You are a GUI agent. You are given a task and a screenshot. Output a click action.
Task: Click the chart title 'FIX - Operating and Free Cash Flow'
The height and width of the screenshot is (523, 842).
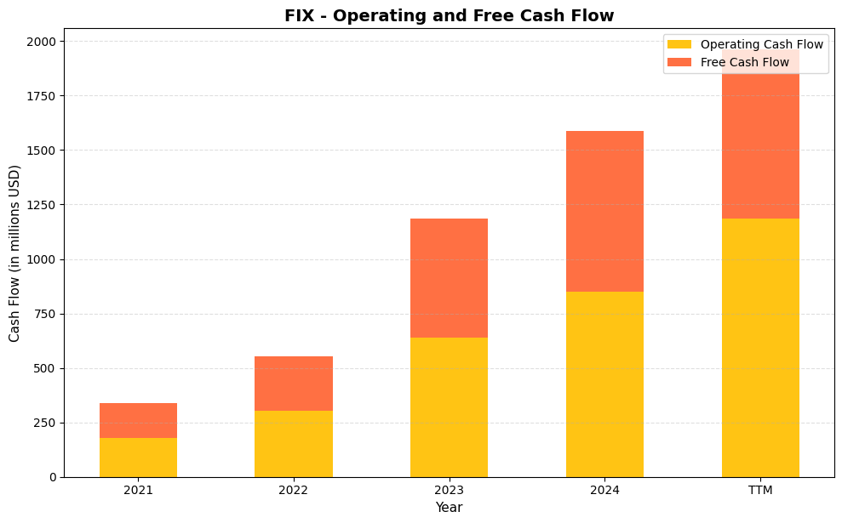(449, 15)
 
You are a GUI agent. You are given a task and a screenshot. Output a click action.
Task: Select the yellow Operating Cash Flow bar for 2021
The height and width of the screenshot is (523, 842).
(138, 458)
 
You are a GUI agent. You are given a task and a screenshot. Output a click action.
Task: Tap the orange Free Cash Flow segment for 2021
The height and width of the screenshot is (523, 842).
(138, 420)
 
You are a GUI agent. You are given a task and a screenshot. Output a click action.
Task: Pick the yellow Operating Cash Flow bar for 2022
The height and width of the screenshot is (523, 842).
(294, 444)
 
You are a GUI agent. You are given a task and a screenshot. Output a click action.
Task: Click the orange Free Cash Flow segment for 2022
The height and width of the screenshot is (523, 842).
(294, 384)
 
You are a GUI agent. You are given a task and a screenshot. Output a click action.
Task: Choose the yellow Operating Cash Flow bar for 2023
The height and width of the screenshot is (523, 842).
(449, 407)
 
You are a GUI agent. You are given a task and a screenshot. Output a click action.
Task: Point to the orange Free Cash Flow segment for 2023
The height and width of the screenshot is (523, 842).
(449, 278)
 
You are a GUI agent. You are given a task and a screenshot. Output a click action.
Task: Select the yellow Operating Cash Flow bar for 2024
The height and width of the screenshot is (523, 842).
(604, 384)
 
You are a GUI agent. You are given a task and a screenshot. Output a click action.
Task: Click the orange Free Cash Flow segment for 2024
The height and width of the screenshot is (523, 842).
(604, 211)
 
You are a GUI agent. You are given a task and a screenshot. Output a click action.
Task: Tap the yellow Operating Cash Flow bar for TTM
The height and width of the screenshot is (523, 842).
(760, 348)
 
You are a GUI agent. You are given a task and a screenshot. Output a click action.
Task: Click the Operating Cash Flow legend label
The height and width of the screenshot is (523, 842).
(761, 44)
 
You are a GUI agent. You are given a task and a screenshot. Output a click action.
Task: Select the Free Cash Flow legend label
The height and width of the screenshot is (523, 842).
(744, 62)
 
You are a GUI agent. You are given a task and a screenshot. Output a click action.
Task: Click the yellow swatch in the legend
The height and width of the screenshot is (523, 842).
(679, 44)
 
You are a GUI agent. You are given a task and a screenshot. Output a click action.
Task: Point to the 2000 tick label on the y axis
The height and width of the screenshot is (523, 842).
(42, 42)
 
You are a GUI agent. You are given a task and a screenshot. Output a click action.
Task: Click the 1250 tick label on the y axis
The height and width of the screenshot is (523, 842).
(42, 205)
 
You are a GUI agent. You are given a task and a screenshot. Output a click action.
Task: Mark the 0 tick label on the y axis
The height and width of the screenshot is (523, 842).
(53, 477)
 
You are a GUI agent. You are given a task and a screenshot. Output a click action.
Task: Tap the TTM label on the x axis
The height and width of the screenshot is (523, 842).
(760, 491)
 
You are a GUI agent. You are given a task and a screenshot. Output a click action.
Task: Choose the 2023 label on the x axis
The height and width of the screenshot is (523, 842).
(449, 491)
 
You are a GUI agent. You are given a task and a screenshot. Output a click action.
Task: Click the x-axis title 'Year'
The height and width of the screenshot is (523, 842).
(449, 508)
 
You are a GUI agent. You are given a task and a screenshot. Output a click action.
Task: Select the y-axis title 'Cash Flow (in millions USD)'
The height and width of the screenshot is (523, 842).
(14, 253)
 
